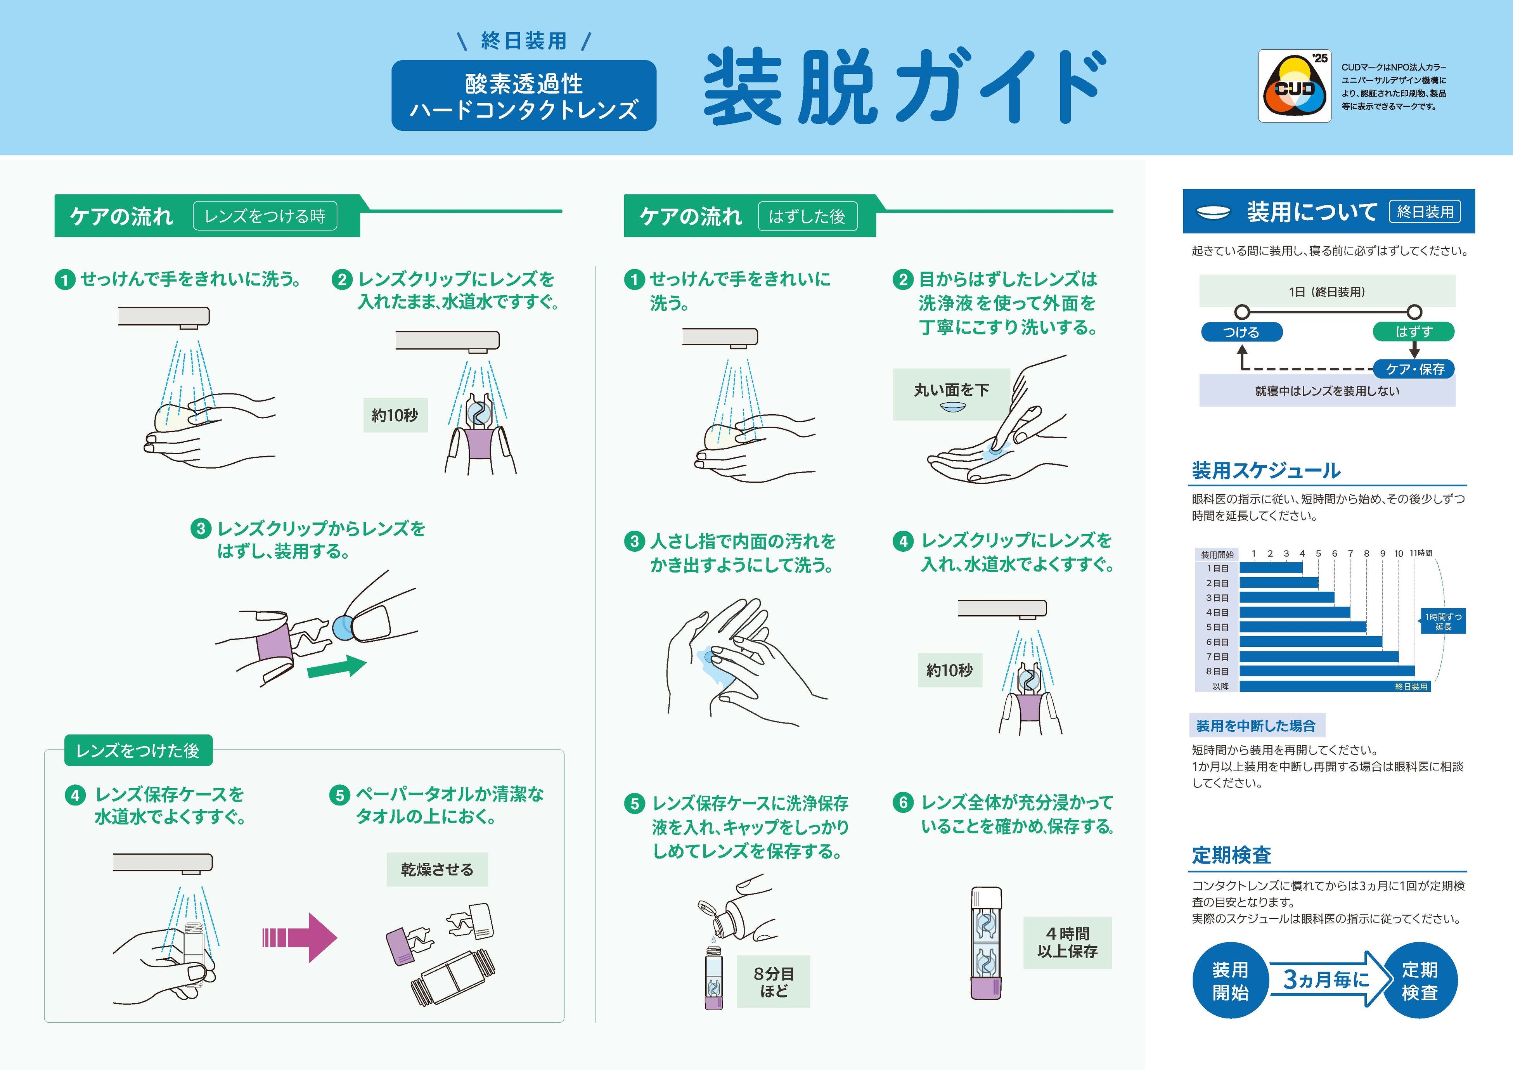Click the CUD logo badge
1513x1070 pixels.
[1294, 86]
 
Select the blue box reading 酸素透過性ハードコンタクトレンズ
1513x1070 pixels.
[523, 95]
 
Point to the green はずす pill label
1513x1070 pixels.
[1414, 331]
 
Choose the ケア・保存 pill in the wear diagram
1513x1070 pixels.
[1415, 369]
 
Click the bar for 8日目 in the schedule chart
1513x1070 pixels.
[1326, 672]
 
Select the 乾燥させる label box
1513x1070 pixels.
[437, 870]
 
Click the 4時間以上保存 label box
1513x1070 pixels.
[1067, 942]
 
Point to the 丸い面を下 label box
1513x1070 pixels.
[951, 394]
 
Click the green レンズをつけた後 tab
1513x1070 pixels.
[138, 750]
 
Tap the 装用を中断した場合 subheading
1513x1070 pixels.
[1256, 725]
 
